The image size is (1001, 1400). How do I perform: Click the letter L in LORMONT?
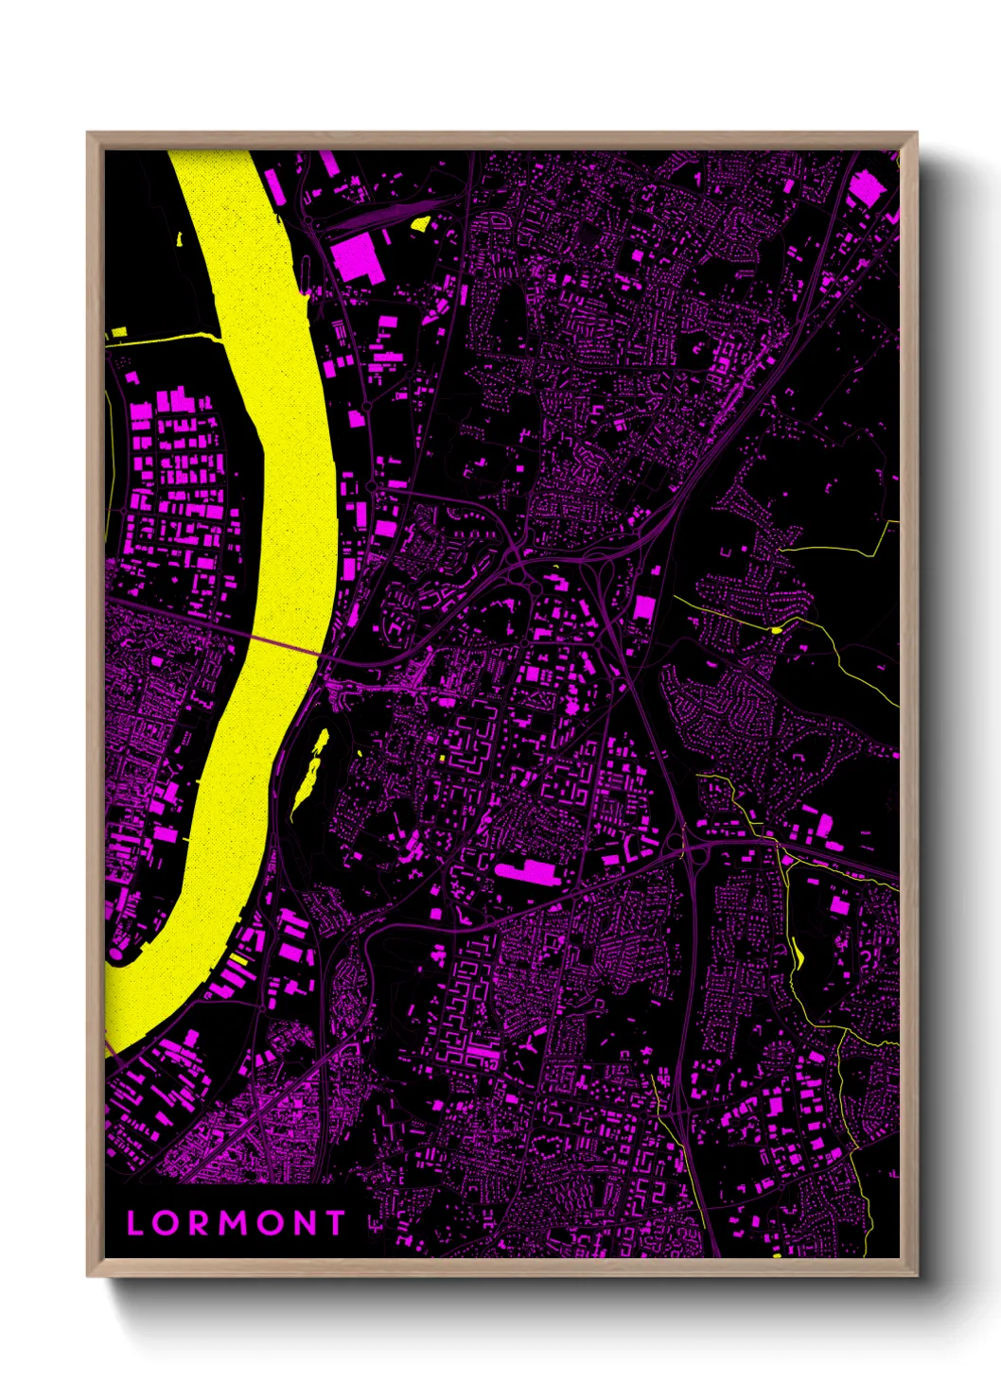pyautogui.click(x=135, y=1223)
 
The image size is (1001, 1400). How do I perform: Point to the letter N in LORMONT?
pyautogui.click(x=303, y=1223)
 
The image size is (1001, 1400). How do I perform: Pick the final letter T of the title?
pyautogui.click(x=336, y=1223)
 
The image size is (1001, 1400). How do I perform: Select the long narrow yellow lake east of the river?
pyautogui.click(x=311, y=766)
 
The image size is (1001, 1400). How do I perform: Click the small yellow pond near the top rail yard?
pyautogui.click(x=420, y=224)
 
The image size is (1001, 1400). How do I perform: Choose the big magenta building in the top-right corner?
pyautogui.click(x=866, y=189)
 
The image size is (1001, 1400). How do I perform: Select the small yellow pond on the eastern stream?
pyautogui.click(x=777, y=629)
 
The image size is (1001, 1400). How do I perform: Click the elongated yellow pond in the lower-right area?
pyautogui.click(x=798, y=955)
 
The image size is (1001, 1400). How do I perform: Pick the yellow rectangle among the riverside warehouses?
pyautogui.click(x=238, y=961)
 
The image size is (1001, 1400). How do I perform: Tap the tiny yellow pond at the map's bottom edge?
pyautogui.click(x=777, y=1255)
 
